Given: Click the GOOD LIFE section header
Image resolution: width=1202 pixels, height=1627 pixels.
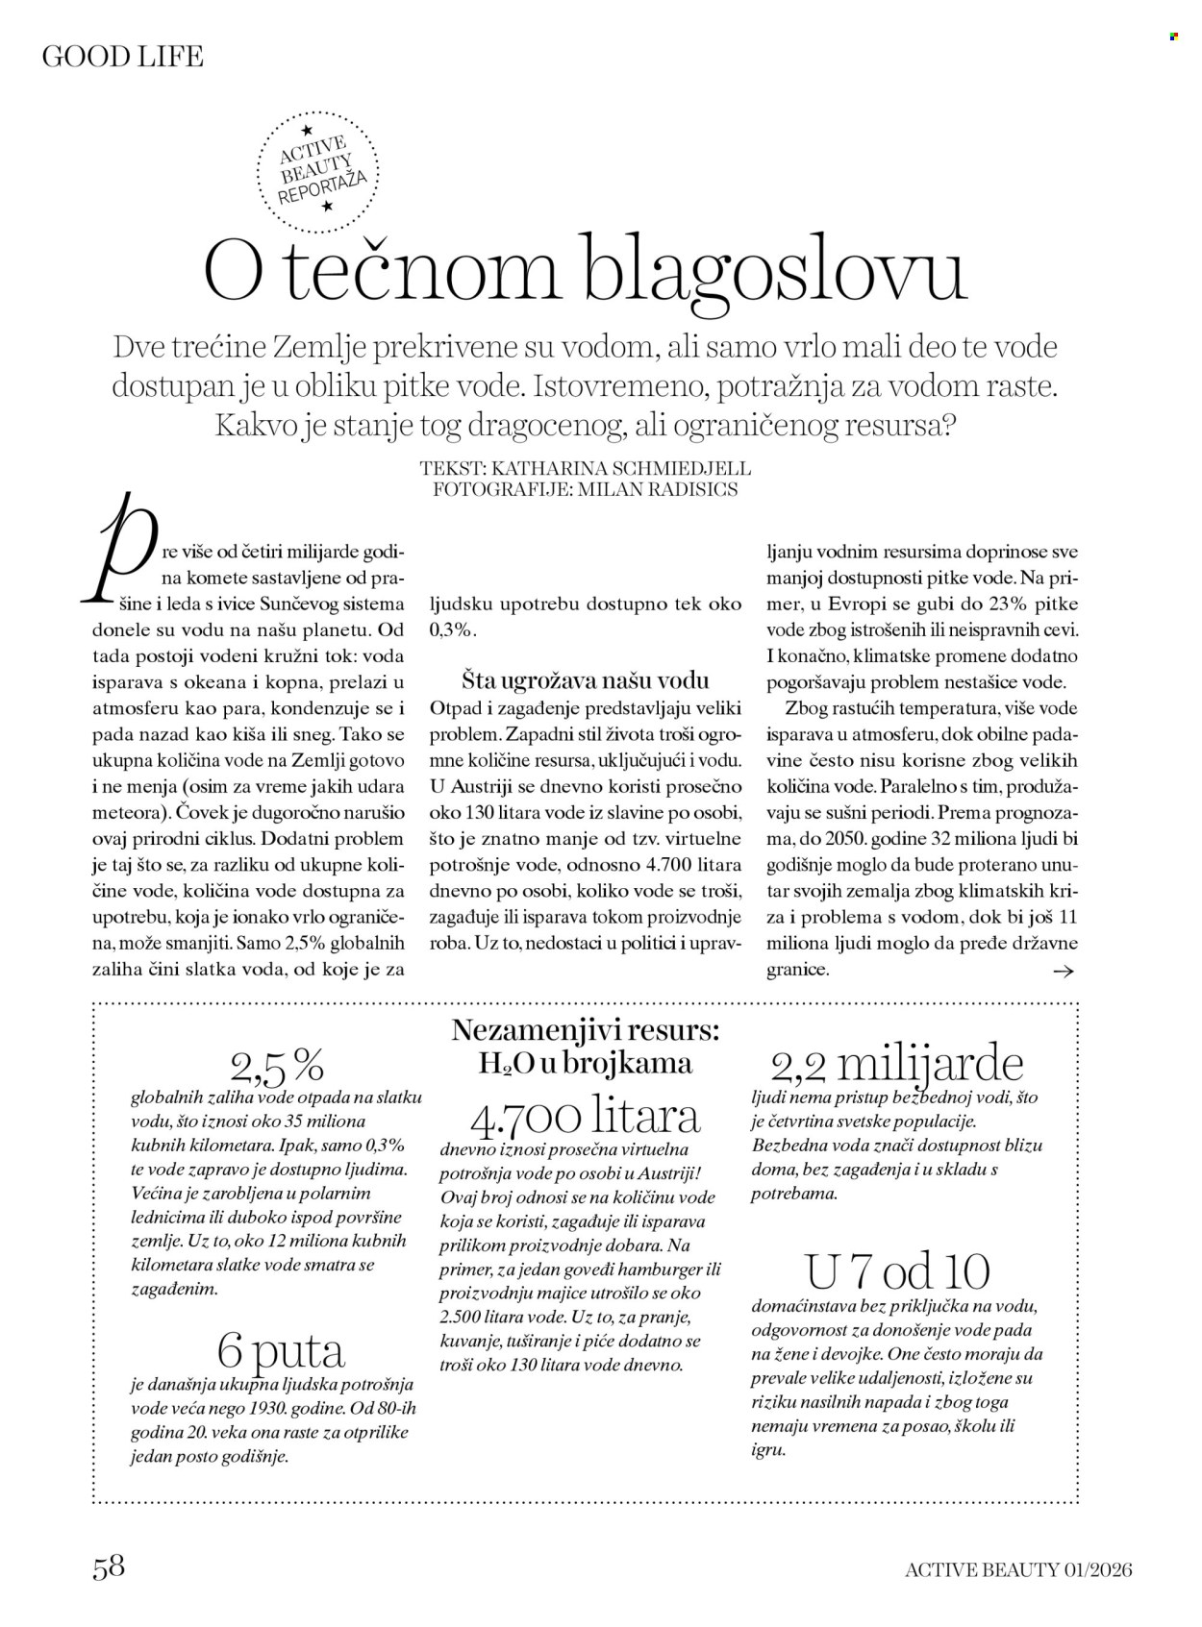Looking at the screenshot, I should point(123,57).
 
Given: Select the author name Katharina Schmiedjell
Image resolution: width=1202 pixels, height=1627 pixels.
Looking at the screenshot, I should point(621,469).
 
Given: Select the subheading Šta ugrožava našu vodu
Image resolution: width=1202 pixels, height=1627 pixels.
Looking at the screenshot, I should point(585,681).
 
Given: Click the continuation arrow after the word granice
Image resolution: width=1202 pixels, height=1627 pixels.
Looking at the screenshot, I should point(1063,972).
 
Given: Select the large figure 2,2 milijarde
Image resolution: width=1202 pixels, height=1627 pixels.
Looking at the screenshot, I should point(897,1066).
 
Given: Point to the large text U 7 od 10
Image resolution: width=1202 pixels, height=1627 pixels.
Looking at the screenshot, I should point(897,1272).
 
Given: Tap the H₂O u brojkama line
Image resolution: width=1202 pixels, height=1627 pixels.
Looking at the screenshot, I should point(585,1063).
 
